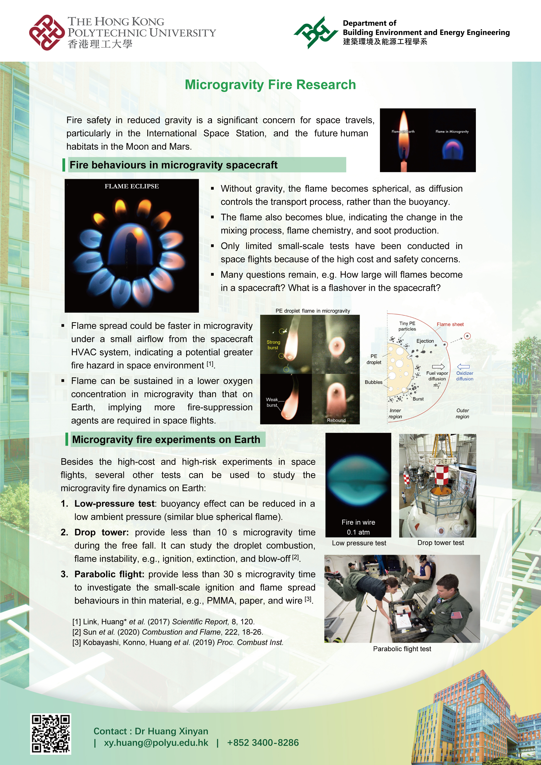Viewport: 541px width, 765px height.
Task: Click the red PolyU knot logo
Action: [x=47, y=33]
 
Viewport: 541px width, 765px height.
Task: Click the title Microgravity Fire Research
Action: [x=270, y=85]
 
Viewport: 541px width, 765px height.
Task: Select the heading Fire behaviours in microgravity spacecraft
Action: [x=173, y=165]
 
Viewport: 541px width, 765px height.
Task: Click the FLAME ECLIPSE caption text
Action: [x=132, y=186]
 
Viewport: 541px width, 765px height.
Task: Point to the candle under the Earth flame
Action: [x=404, y=165]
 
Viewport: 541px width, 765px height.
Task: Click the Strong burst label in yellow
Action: [x=273, y=345]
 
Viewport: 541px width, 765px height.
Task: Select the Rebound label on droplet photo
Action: [x=336, y=420]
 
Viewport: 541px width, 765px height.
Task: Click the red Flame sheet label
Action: [x=450, y=324]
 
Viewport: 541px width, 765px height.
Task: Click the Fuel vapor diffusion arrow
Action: [x=438, y=367]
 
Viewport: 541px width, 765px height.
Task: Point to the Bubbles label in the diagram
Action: [x=374, y=382]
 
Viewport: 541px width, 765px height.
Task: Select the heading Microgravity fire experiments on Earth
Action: [x=166, y=439]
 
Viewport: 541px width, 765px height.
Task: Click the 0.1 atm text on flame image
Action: [x=358, y=532]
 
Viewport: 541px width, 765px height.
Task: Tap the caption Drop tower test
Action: [x=440, y=543]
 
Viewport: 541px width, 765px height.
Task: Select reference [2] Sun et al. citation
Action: [x=167, y=632]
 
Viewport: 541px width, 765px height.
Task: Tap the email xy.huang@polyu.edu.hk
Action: [x=156, y=743]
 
